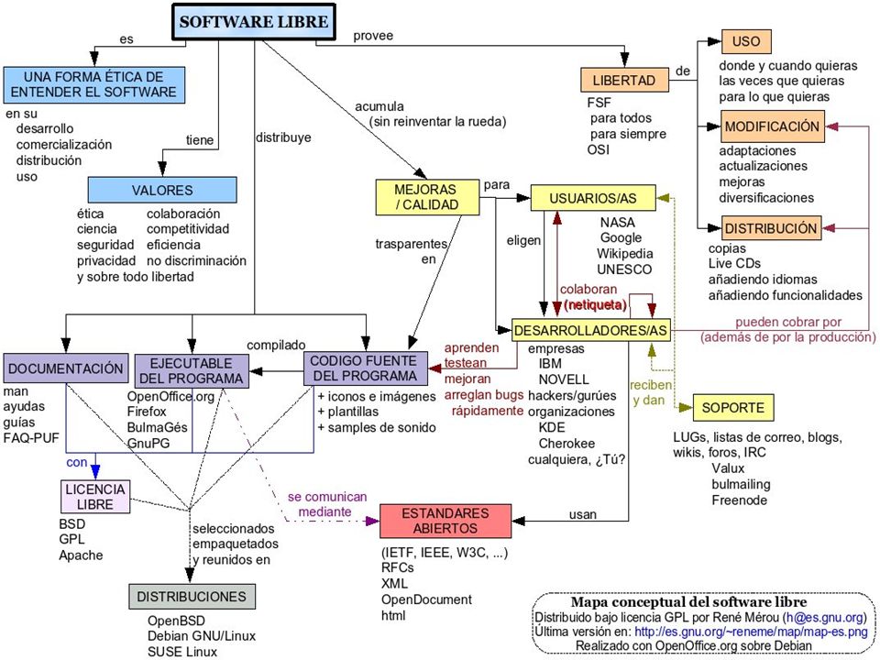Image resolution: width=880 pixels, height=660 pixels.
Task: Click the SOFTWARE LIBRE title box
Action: pyautogui.click(x=254, y=22)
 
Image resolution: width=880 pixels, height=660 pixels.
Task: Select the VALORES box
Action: pyautogui.click(x=162, y=190)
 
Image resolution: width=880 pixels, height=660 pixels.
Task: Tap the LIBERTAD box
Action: pyautogui.click(x=624, y=80)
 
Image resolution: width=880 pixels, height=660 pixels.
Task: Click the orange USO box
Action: pyautogui.click(x=746, y=41)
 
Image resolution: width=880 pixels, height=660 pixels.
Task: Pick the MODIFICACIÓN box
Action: pyautogui.click(x=772, y=126)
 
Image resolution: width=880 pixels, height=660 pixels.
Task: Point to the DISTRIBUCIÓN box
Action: pyautogui.click(x=771, y=228)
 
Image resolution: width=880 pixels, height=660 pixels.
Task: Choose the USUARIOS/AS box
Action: pyautogui.click(x=593, y=198)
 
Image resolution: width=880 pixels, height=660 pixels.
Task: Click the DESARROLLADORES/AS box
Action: pyautogui.click(x=591, y=330)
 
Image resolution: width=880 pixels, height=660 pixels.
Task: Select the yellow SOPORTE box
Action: pyautogui.click(x=733, y=407)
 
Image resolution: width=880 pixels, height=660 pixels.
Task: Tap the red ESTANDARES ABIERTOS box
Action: pyautogui.click(x=445, y=521)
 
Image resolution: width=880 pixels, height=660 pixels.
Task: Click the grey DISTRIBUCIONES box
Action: pyautogui.click(x=192, y=596)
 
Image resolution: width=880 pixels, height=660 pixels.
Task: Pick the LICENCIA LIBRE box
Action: pyautogui.click(x=95, y=496)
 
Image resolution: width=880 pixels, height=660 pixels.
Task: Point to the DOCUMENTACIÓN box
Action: pyautogui.click(x=66, y=368)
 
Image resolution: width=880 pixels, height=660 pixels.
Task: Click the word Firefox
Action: pyautogui.click(x=147, y=412)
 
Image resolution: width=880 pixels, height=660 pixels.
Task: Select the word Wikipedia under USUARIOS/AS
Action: pyautogui.click(x=624, y=253)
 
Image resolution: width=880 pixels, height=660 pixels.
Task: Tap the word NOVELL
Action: pyautogui.click(x=564, y=379)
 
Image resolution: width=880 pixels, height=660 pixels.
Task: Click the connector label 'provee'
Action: pyautogui.click(x=373, y=36)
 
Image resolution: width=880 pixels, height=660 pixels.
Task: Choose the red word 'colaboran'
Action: pyautogui.click(x=588, y=289)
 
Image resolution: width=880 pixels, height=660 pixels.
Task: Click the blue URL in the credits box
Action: pyautogui.click(x=751, y=632)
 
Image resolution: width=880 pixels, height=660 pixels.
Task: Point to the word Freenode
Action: pyautogui.click(x=739, y=500)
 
